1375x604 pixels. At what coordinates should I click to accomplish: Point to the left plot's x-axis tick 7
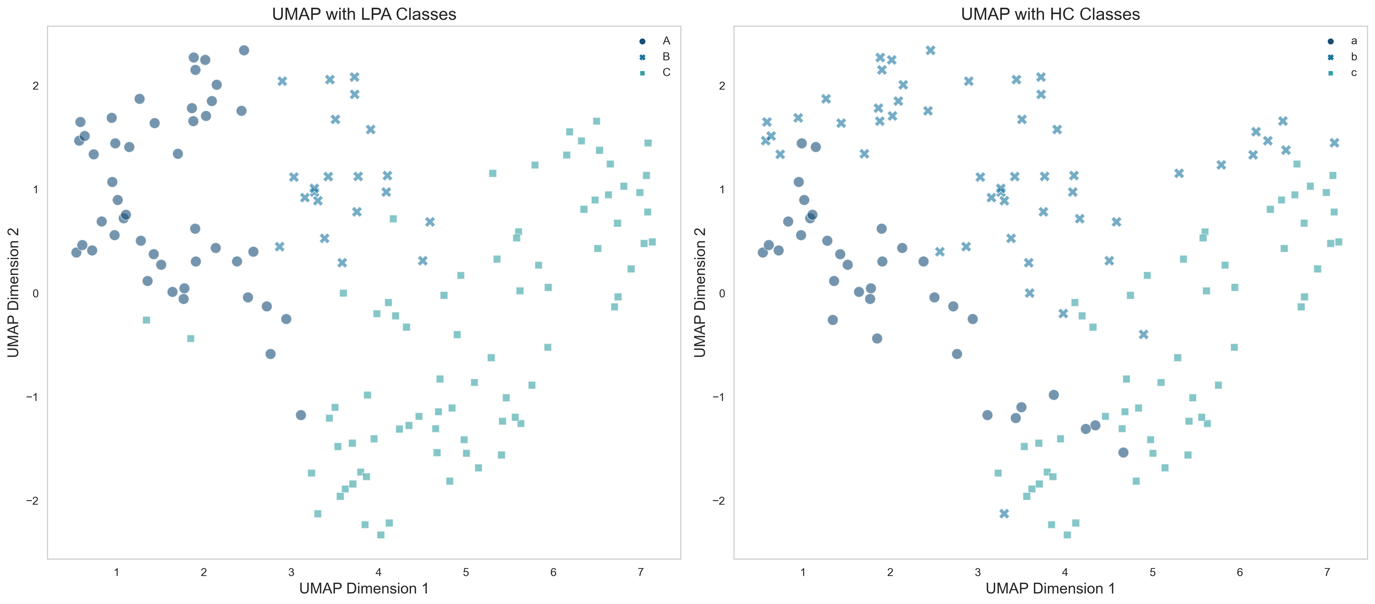pos(641,572)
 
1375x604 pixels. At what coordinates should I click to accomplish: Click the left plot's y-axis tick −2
pos(32,501)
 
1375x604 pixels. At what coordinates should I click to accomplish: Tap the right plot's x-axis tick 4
pos(1065,572)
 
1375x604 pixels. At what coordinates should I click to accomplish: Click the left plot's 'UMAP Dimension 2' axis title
pos(13,292)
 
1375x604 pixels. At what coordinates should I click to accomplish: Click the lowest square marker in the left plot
pos(380,535)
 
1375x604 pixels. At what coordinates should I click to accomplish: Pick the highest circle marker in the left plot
pos(244,50)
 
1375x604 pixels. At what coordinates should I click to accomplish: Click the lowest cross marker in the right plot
pos(1004,513)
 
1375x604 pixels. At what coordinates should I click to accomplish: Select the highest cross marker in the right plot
pos(930,50)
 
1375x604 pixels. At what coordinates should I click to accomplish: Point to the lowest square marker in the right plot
pos(1067,535)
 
